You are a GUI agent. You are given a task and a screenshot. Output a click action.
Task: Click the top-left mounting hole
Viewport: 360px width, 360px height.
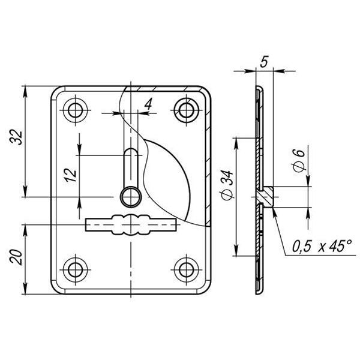point(76,110)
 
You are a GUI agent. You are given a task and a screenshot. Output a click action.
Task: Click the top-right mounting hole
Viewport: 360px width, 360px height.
point(187,110)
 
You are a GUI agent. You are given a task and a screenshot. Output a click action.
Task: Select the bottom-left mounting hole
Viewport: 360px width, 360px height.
point(76,270)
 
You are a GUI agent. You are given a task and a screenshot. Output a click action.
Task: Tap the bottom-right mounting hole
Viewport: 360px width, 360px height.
point(187,270)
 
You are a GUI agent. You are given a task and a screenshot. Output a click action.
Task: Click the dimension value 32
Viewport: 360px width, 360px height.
point(17,137)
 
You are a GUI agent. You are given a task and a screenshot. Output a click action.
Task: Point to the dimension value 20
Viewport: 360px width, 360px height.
point(16,257)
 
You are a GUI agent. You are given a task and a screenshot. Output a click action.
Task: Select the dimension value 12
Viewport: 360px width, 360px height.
point(71,175)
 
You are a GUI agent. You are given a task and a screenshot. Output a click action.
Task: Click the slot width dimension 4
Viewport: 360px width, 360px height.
point(148,104)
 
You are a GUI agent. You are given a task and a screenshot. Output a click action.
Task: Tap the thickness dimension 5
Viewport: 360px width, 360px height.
point(264,61)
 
